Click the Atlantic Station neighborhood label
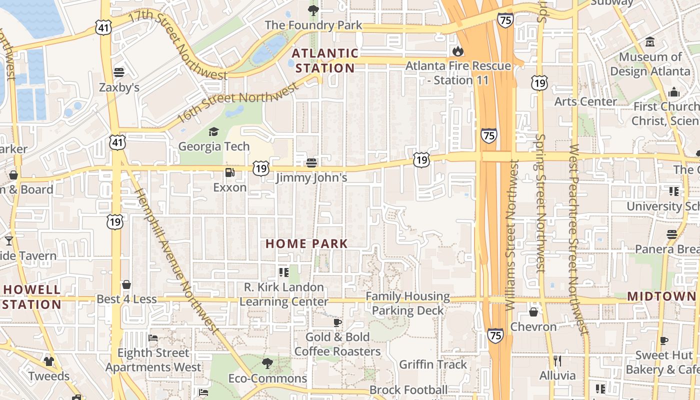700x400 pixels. [325, 60]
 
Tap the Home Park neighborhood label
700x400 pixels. [306, 243]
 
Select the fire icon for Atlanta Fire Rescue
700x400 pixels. [457, 51]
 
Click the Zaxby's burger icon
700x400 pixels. [119, 72]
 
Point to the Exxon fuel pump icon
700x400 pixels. [229, 172]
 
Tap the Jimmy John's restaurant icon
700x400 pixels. [311, 162]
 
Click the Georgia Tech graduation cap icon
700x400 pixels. [214, 132]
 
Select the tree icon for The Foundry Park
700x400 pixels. [313, 10]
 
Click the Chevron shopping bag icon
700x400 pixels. [533, 312]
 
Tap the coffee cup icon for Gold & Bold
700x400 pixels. [337, 322]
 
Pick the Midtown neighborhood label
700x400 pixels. [661, 296]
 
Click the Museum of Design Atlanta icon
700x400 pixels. [650, 41]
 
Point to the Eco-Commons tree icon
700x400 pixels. [267, 363]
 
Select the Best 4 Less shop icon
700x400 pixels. [126, 284]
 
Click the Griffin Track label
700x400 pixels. [432, 364]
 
